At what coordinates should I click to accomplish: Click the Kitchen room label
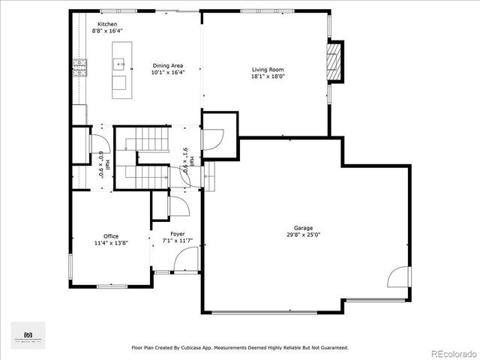(x=107, y=24)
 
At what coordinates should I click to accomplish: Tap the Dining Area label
(x=167, y=65)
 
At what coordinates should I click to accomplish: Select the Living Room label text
(x=268, y=70)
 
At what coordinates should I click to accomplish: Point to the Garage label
(x=304, y=228)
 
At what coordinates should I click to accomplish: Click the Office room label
(x=111, y=236)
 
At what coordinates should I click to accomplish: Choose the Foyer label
(x=178, y=234)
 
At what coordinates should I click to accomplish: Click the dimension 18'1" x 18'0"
(x=268, y=76)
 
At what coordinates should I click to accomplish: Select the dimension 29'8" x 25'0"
(x=304, y=235)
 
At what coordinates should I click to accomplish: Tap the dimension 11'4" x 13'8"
(x=111, y=243)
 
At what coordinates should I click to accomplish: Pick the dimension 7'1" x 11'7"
(x=178, y=241)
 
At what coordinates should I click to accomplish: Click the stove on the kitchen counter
(x=78, y=67)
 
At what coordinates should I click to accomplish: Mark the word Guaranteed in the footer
(x=332, y=348)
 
